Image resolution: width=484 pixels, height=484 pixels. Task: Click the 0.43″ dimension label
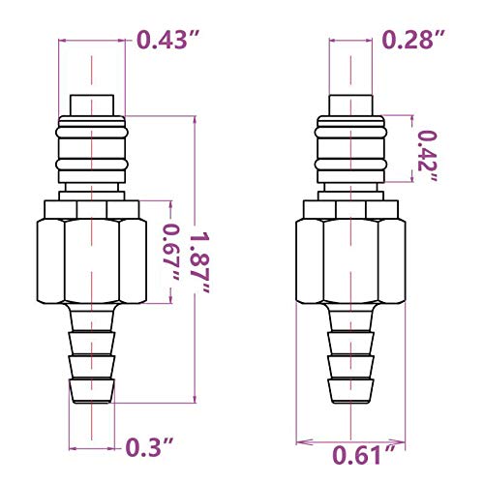tap(169, 40)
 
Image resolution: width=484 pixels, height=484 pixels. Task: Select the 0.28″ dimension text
tap(414, 40)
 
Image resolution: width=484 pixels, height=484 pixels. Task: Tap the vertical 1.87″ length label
tap(200, 262)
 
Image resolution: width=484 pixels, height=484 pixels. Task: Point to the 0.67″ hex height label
tap(170, 253)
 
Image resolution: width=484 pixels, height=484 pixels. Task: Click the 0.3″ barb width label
tap(149, 447)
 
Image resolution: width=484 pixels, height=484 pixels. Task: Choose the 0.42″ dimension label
tap(428, 156)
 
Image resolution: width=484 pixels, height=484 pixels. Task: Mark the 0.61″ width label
tap(364, 455)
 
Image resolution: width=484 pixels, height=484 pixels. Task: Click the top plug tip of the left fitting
tap(92, 106)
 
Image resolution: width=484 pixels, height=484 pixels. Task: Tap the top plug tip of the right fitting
tap(350, 106)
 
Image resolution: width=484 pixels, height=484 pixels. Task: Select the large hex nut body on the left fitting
tap(92, 261)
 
